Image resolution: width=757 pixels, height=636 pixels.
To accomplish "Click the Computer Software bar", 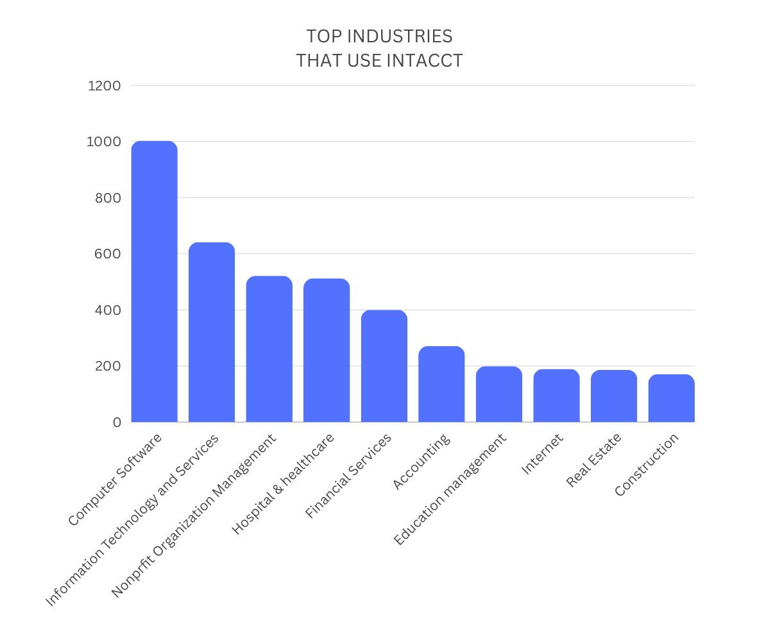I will coord(154,282).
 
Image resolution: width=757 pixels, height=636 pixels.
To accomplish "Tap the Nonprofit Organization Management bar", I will coord(269,349).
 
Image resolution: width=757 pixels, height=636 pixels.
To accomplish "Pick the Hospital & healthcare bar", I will coord(327,351).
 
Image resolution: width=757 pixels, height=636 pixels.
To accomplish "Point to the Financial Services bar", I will coord(384,366).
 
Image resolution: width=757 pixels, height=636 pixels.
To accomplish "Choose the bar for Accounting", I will coord(441,384).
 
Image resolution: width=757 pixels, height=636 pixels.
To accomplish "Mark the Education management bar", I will coord(498,394).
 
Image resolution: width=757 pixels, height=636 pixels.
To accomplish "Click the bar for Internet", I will coord(556,396).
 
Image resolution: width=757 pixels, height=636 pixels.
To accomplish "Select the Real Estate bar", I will coord(613,396).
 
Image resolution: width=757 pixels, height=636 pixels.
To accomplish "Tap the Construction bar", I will coord(671,398).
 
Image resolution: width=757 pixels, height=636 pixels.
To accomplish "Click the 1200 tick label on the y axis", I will coord(104,85).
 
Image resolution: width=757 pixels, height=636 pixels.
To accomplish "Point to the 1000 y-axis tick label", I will coord(104,142).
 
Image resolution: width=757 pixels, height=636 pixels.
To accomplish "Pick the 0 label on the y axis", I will coord(116,423).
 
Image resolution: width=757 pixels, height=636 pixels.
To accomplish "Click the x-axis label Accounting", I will coord(421,462).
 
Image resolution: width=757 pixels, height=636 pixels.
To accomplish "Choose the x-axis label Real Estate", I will coord(593,460).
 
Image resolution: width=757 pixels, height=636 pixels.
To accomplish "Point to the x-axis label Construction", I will coord(646,465).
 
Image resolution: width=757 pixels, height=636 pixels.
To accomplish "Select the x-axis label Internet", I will coord(542,454).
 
